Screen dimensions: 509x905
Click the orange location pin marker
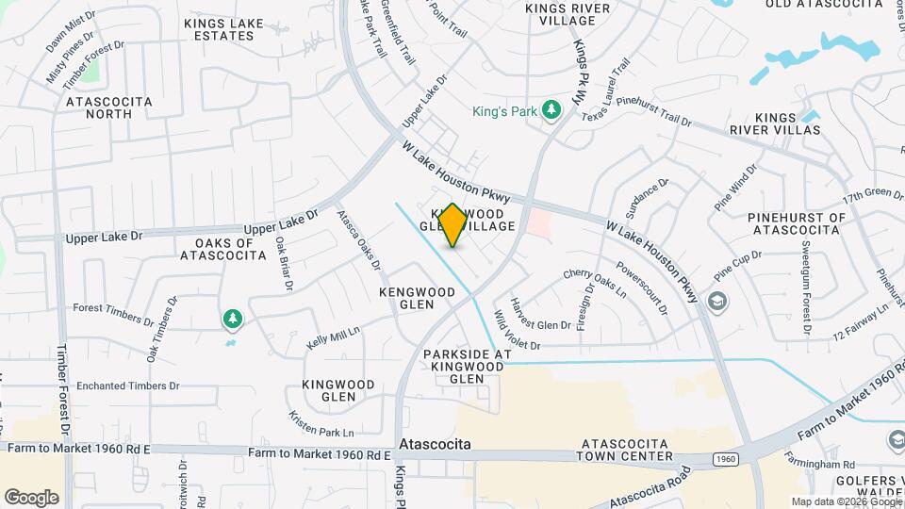point(452,225)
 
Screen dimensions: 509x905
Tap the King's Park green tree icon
point(552,112)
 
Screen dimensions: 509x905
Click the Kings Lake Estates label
point(220,30)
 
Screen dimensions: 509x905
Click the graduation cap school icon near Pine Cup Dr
point(716,302)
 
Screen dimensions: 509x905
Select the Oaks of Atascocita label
point(218,249)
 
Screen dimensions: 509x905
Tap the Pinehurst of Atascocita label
point(797,223)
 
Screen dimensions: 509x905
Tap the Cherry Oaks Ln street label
point(594,283)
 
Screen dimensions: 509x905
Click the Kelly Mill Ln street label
point(333,338)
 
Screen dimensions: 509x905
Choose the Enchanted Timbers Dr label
point(127,386)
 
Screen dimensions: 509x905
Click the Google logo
point(31,497)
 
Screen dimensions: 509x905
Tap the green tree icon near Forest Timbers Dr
point(232,320)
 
